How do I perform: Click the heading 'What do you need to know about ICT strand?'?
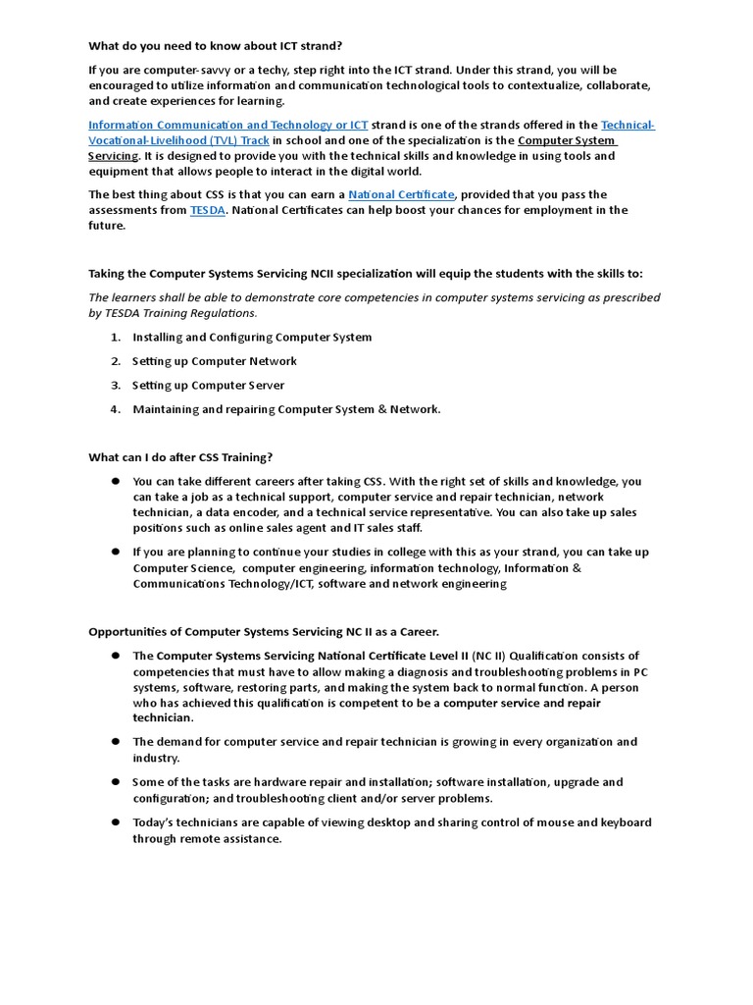coord(216,45)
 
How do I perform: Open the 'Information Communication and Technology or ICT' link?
coord(227,125)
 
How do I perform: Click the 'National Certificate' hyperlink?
coord(401,194)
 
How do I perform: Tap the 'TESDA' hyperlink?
coord(207,210)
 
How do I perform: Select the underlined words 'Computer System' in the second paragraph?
coord(567,140)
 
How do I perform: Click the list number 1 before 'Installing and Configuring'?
coord(115,337)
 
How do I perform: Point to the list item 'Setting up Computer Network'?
coord(214,361)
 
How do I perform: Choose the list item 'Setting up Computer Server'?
coord(208,385)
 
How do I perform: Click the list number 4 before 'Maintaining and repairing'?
coord(115,409)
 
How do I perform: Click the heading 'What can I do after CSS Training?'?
coord(180,457)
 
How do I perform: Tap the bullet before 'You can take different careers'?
coord(115,481)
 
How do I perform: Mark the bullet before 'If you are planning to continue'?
coord(115,552)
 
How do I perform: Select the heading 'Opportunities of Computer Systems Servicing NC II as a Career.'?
coord(264,631)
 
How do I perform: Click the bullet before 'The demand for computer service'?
coord(115,742)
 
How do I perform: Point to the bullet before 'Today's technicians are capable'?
coord(115,822)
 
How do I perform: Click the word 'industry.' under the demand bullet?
coord(157,759)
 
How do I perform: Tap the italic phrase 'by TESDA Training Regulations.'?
coord(173,313)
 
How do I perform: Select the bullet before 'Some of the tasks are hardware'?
coord(115,782)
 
